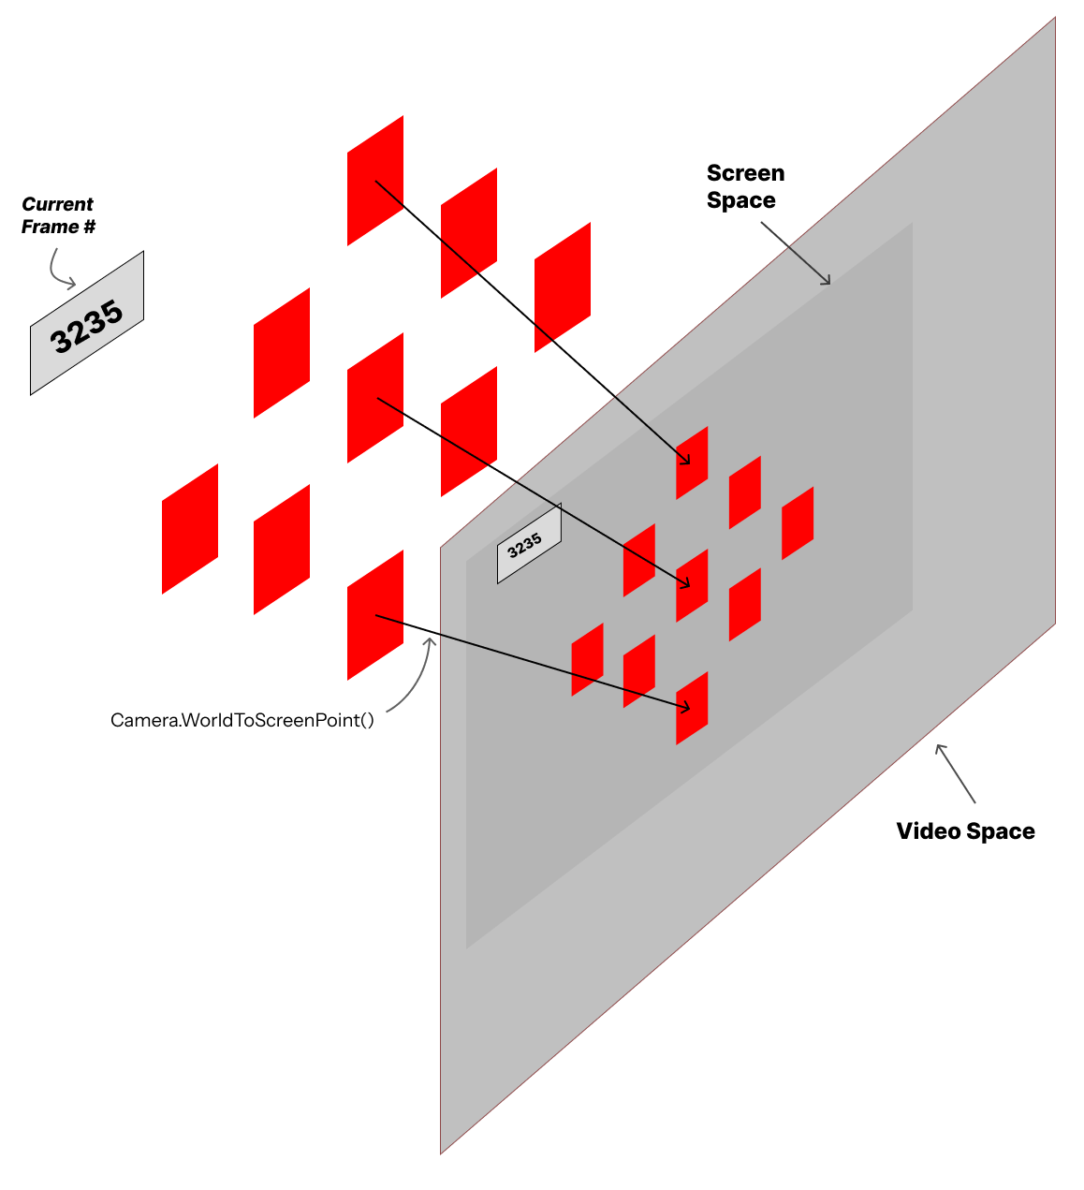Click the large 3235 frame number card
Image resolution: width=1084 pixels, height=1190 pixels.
(87, 324)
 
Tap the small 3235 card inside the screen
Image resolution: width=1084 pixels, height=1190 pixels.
(528, 544)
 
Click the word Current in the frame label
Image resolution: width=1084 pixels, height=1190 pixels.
(57, 204)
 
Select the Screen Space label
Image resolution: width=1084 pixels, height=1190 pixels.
(745, 186)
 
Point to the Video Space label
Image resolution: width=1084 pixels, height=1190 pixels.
(965, 831)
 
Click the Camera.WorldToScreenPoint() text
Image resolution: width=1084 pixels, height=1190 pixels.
(242, 720)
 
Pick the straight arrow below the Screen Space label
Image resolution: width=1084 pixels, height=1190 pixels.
(796, 254)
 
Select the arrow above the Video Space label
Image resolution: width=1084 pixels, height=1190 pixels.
(956, 773)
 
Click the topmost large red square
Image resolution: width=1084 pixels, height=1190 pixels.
(375, 181)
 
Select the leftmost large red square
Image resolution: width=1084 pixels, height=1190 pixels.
(190, 529)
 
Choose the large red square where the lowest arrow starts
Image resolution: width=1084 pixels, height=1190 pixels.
(375, 615)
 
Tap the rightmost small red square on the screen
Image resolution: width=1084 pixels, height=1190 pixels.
(798, 523)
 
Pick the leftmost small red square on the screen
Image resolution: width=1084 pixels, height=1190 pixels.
(588, 659)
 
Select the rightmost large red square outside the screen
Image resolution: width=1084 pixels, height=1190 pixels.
(563, 287)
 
